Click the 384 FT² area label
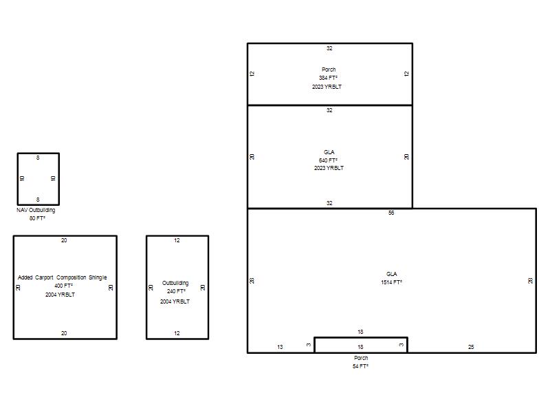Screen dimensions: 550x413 [x=328, y=78]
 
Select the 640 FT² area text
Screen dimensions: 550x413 [x=328, y=160]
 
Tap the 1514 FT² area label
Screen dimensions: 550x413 [x=391, y=282]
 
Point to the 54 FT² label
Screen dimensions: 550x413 [x=360, y=366]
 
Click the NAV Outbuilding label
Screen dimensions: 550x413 [x=36, y=210]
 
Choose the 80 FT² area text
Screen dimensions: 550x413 [x=37, y=218]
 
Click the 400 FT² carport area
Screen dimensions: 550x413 [x=63, y=286]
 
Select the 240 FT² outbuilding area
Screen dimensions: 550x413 [x=176, y=291]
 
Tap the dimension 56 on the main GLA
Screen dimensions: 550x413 [x=391, y=213]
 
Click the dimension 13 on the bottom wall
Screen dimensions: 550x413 [x=280, y=347]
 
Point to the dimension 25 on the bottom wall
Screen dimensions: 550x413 [x=471, y=347]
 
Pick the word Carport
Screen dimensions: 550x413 [x=44, y=277]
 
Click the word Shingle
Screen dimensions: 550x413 [x=98, y=277]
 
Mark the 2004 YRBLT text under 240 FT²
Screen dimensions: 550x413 [x=175, y=301]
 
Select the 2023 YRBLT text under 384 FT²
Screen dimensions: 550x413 [x=327, y=87]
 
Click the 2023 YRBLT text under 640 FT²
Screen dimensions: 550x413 [x=329, y=168]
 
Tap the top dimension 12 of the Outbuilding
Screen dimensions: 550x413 [x=177, y=240]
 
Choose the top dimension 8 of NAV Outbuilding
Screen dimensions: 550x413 [x=38, y=158]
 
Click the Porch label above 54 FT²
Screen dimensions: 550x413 [x=361, y=358]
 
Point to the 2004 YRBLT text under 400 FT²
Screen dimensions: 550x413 [x=60, y=295]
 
